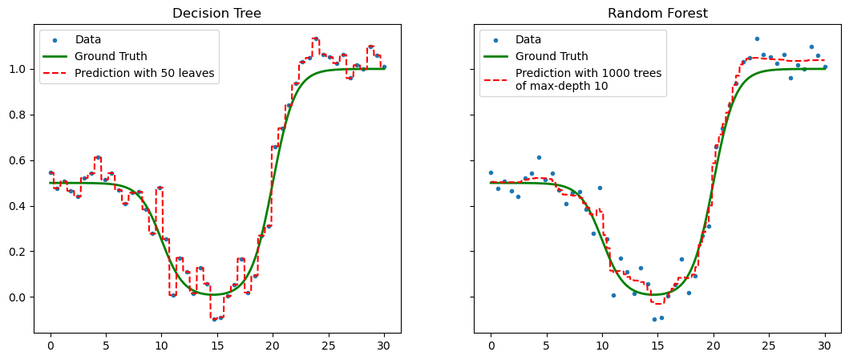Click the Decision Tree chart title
(217, 13)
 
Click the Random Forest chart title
(657, 13)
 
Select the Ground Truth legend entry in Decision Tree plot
(109, 56)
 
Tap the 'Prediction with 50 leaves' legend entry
(144, 73)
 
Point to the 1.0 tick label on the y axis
(18, 70)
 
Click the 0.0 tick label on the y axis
(18, 297)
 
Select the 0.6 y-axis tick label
(18, 161)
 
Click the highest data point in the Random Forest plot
(756, 38)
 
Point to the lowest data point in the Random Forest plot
(654, 319)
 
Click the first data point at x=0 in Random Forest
(491, 172)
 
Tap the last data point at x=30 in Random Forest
(824, 67)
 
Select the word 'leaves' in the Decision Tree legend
(197, 73)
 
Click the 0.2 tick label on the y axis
(18, 252)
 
